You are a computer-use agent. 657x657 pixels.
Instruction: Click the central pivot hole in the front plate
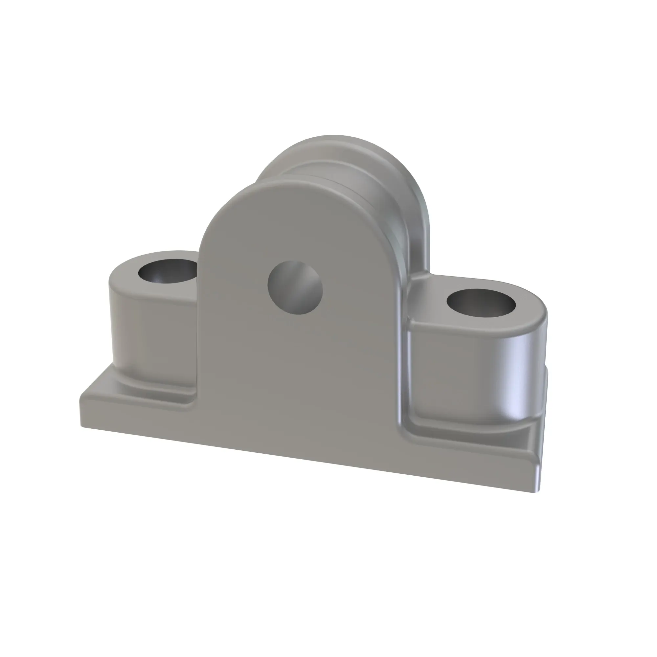(x=295, y=287)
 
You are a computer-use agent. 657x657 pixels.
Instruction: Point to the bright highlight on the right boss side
(x=520, y=374)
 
